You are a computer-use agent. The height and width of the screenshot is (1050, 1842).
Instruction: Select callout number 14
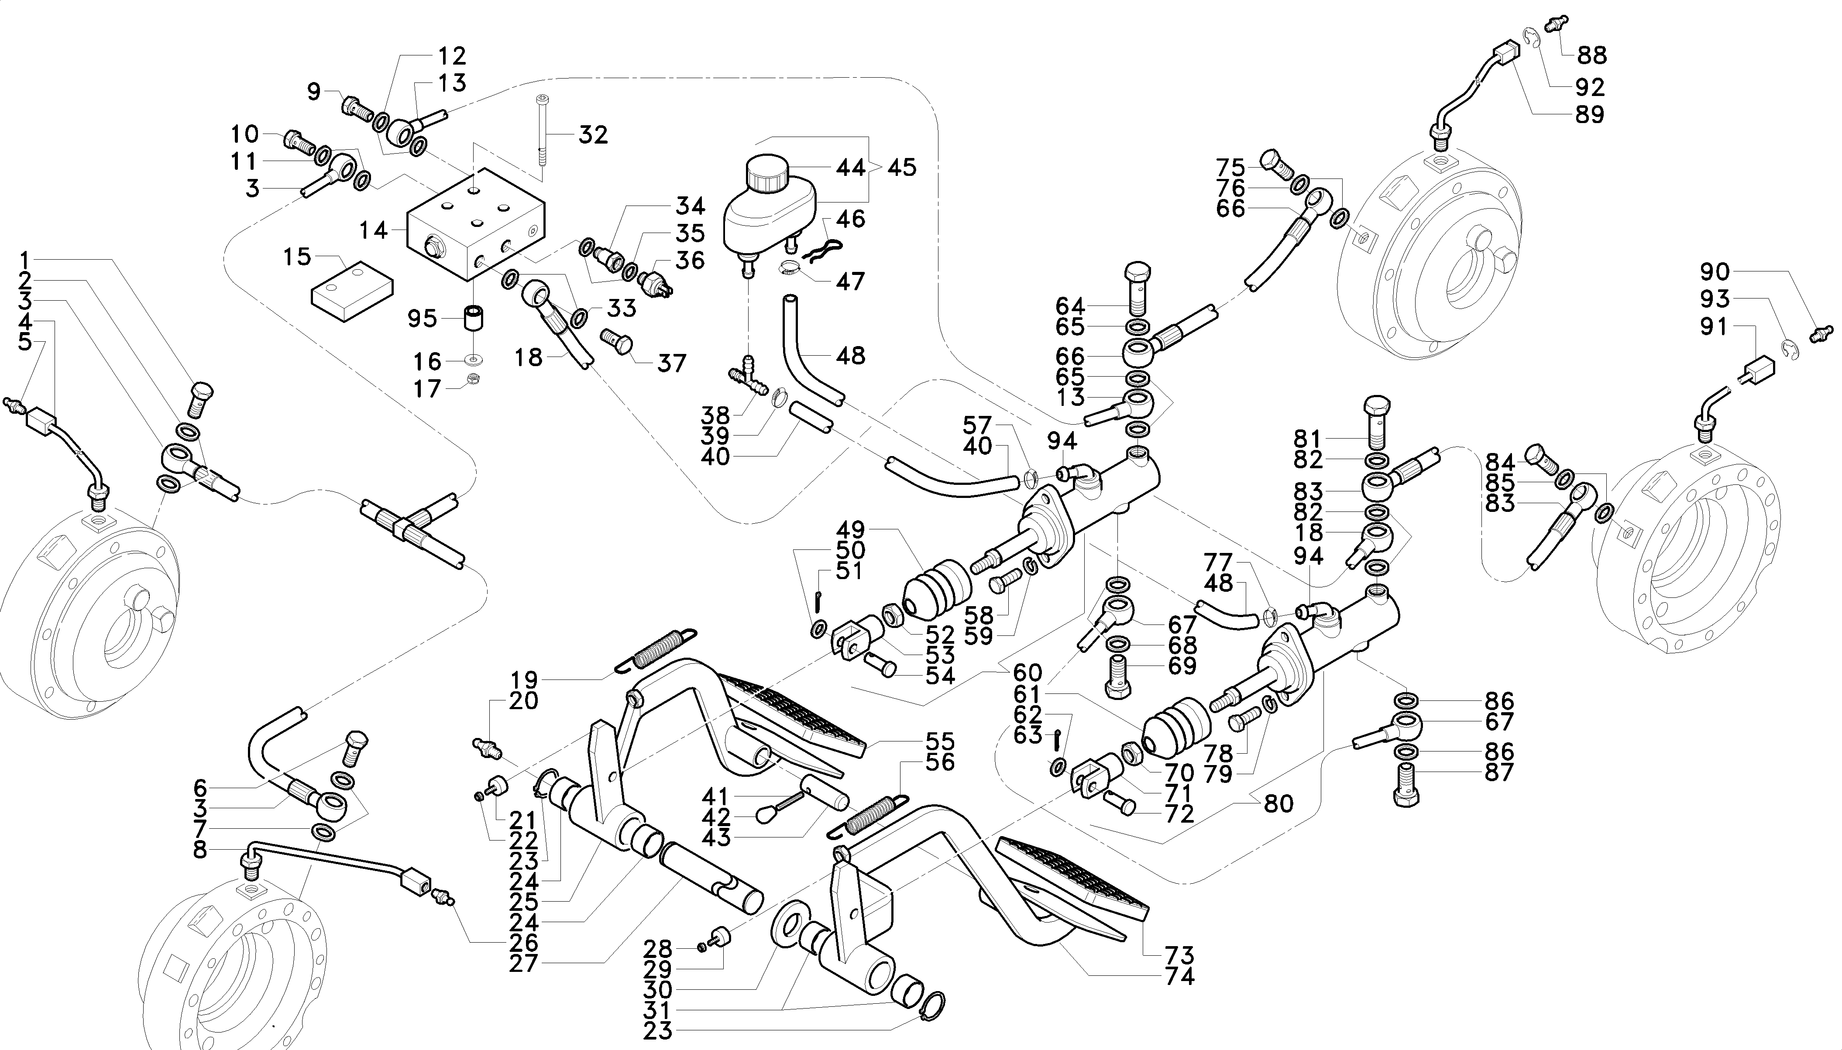[374, 231]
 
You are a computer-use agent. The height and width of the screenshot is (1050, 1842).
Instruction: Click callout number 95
[422, 318]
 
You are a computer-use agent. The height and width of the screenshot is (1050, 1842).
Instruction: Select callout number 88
[1592, 55]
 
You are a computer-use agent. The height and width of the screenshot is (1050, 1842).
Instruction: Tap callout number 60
[1027, 673]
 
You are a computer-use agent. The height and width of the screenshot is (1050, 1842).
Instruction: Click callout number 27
[524, 964]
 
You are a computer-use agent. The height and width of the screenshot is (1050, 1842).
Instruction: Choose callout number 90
[1715, 272]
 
